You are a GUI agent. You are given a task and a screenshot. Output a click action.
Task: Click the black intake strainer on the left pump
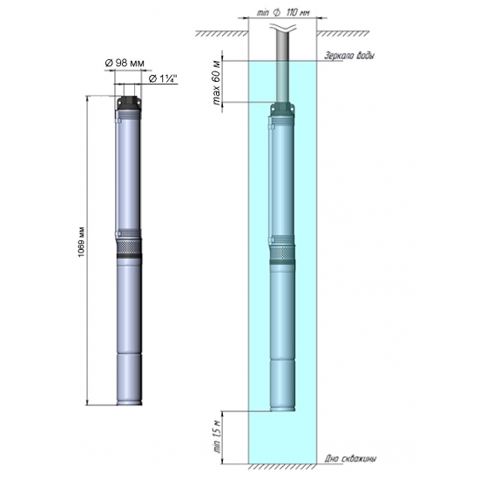[128, 248]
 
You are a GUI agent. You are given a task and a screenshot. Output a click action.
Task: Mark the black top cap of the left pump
[128, 107]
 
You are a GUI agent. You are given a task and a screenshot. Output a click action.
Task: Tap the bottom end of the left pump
[128, 400]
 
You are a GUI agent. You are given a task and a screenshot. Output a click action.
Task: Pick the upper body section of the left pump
[128, 174]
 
